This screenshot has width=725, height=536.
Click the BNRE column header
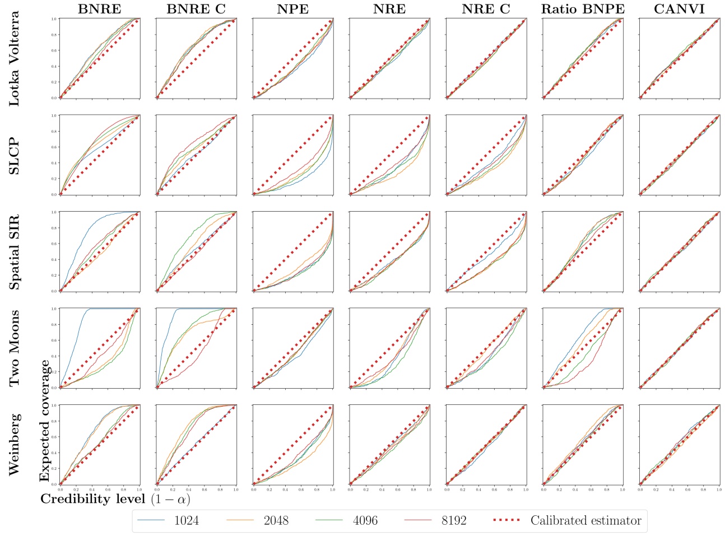pos(99,8)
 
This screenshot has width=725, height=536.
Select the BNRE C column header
pos(196,8)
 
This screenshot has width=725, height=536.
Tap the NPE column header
pos(292,8)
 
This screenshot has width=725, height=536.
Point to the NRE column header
pos(389,8)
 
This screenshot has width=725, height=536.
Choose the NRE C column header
pos(486,8)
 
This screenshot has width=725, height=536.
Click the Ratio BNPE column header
pos(583,8)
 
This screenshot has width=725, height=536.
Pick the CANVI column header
pos(679,8)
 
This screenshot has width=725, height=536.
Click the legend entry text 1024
pos(186,520)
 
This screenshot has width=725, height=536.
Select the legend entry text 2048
pos(276,520)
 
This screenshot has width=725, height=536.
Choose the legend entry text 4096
pos(365,520)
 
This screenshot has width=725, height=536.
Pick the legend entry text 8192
pos(454,520)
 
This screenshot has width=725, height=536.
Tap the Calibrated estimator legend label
pos(585,520)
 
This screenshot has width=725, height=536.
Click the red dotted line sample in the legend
pos(506,520)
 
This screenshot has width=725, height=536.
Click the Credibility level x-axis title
pos(115,498)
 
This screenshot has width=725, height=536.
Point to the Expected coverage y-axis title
pos(45,421)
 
